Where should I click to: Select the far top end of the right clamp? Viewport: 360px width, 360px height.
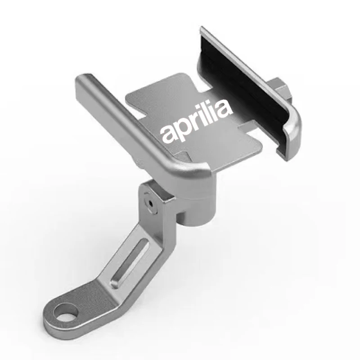click(x=205, y=31)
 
